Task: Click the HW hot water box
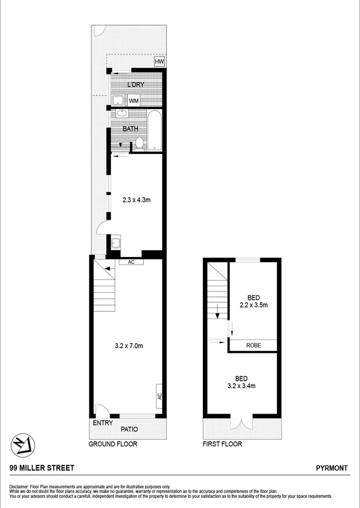pyautogui.click(x=159, y=62)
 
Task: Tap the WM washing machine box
pyautogui.click(x=134, y=100)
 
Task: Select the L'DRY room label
pyautogui.click(x=136, y=85)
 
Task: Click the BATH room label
pyautogui.click(x=131, y=128)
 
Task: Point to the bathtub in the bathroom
pyautogui.click(x=155, y=131)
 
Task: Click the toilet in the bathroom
pyautogui.click(x=140, y=143)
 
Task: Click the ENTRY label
pyautogui.click(x=103, y=423)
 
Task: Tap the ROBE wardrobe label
pyautogui.click(x=253, y=345)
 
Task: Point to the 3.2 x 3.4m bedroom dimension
pyautogui.click(x=241, y=382)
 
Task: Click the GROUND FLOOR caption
pyautogui.click(x=113, y=444)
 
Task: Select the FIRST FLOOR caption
pyautogui.click(x=222, y=444)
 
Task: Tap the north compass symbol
pyautogui.click(x=23, y=444)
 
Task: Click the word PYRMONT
pyautogui.click(x=332, y=468)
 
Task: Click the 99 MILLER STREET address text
pyautogui.click(x=42, y=468)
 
